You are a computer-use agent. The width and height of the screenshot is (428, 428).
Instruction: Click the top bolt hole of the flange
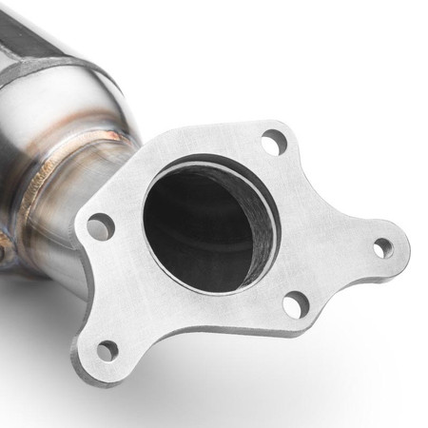[274, 144]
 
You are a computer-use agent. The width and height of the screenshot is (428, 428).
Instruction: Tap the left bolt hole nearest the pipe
[100, 226]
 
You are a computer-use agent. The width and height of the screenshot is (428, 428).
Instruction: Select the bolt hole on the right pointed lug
[382, 248]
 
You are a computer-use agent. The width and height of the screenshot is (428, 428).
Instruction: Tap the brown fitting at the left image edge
[4, 251]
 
